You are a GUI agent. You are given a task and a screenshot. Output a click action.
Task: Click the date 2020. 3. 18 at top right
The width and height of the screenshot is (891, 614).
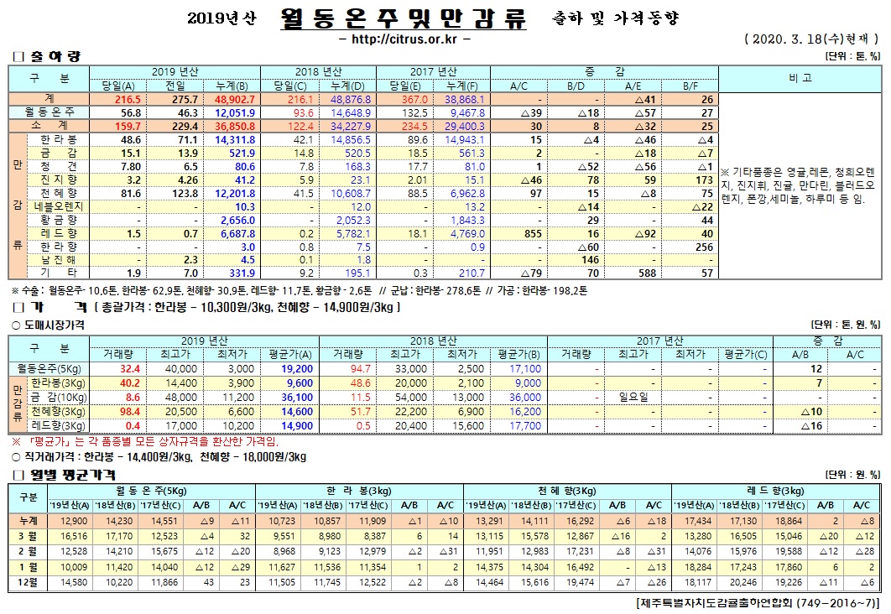click(x=785, y=39)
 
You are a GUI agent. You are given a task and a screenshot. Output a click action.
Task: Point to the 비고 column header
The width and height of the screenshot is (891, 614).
click(x=800, y=76)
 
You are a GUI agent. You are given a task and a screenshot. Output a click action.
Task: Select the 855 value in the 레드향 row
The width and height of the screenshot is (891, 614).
click(x=532, y=233)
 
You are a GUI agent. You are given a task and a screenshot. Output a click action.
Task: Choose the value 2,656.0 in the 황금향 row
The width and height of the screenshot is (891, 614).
click(x=225, y=220)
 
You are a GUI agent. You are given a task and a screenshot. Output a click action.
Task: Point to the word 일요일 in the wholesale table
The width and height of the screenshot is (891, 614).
click(x=633, y=395)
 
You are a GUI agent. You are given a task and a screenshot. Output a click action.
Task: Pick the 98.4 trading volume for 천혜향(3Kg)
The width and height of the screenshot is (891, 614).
click(x=130, y=412)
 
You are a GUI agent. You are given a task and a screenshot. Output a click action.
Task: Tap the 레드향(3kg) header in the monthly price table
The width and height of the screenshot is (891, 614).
click(x=775, y=490)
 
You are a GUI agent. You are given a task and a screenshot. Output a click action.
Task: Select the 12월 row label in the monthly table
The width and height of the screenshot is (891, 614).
click(x=28, y=582)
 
